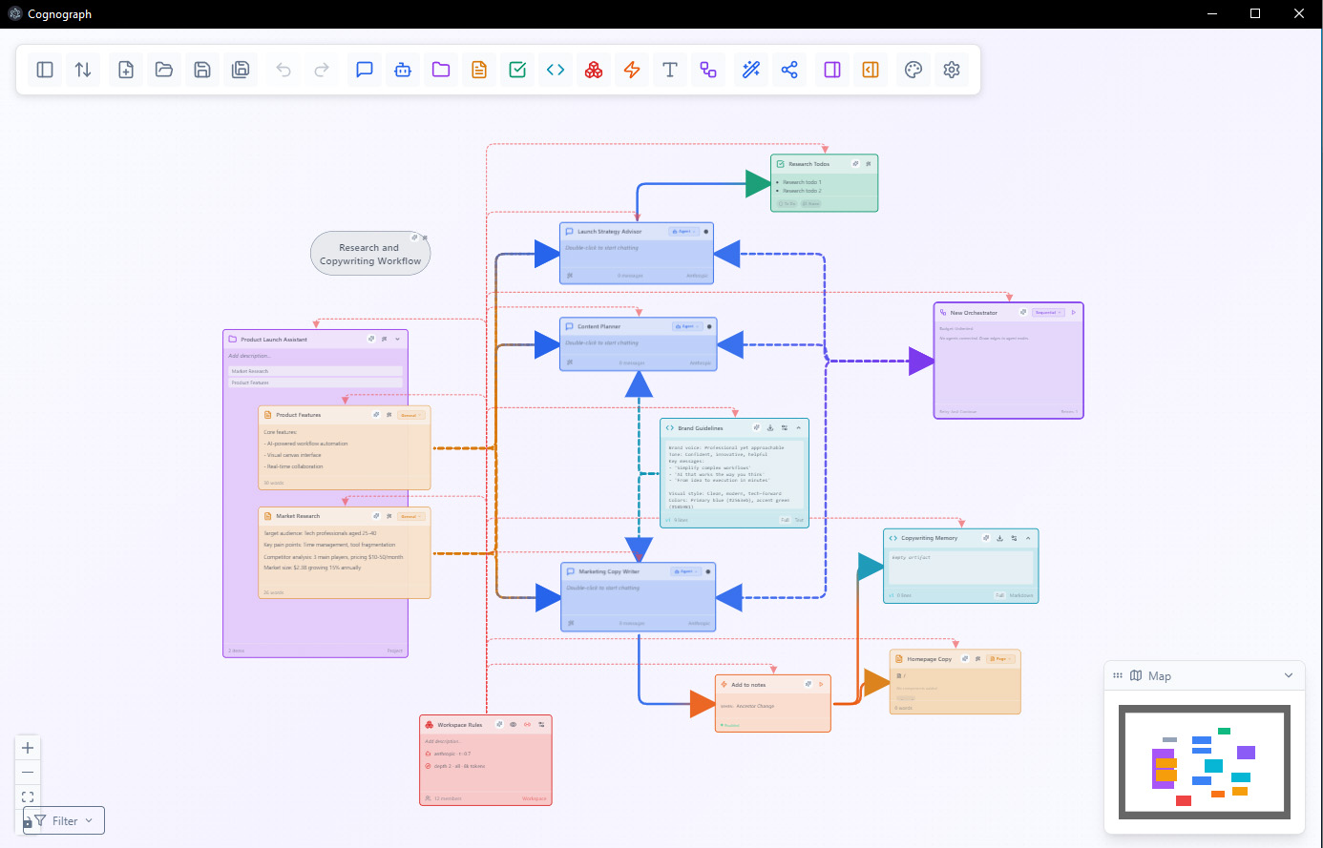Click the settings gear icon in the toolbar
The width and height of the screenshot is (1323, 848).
951,70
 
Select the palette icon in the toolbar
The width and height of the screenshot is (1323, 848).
913,70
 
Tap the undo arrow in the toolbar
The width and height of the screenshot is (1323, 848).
283,70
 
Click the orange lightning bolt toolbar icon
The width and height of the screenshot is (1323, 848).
632,70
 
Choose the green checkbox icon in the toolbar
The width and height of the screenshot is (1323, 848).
517,70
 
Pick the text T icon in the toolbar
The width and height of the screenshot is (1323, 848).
670,70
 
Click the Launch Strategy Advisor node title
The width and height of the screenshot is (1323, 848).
609,232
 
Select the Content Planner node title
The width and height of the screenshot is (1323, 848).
598,326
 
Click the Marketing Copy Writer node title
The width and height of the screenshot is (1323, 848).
608,571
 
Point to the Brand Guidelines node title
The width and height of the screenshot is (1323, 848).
700,428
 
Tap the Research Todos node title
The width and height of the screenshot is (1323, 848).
808,164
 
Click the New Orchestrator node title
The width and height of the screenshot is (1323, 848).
973,313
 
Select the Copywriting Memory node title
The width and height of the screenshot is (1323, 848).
929,538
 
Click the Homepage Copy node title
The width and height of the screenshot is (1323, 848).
929,659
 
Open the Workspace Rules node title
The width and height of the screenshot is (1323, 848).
459,725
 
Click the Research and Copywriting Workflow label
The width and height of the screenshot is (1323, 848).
369,254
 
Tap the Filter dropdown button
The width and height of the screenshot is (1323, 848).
64,820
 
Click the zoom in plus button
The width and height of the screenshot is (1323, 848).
28,748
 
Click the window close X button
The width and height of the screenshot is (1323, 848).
1299,13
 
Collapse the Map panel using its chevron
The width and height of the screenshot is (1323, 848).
1288,675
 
